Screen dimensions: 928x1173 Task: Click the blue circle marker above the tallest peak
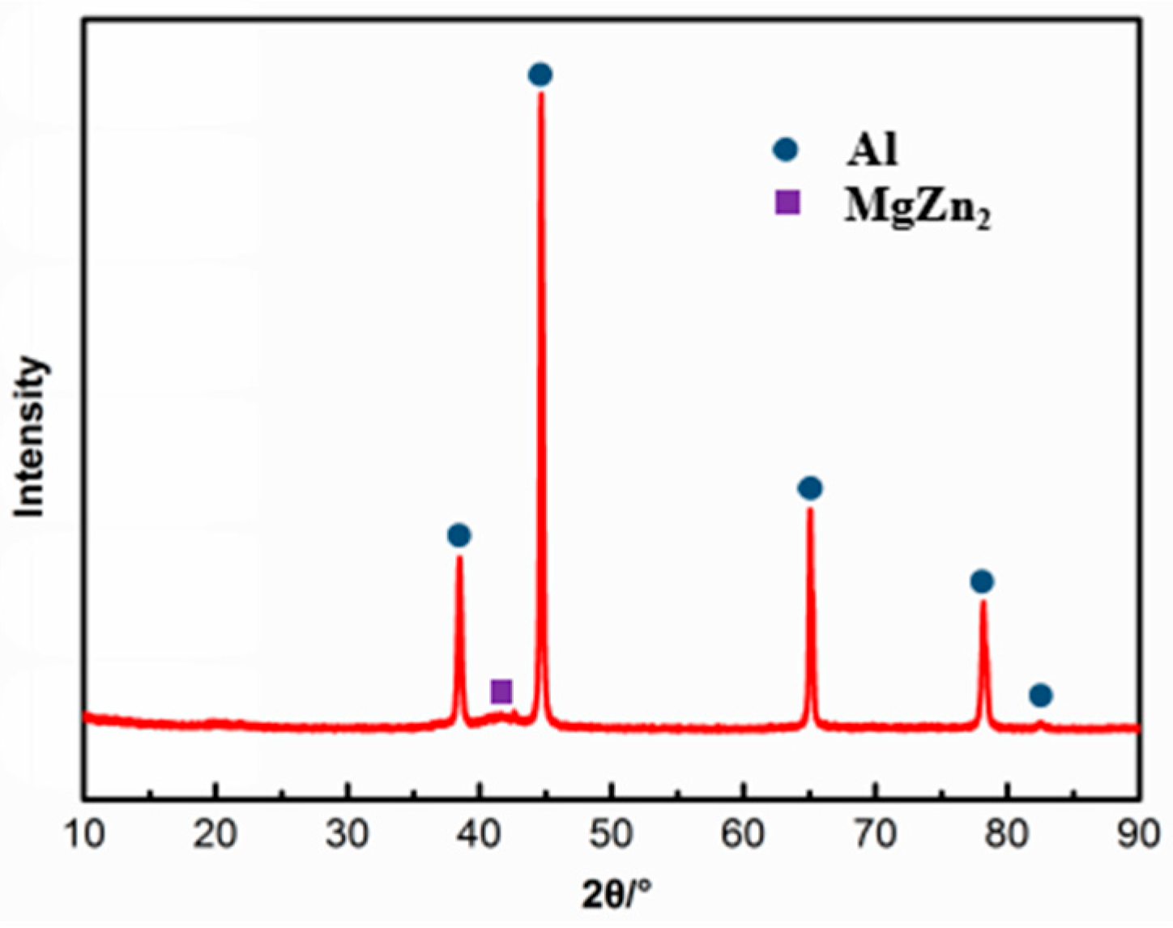point(540,75)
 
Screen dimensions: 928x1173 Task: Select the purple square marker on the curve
point(501,692)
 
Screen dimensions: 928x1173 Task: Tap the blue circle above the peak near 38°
point(459,535)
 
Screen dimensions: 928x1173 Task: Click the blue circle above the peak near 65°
point(810,488)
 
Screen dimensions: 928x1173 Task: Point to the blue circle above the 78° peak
point(982,581)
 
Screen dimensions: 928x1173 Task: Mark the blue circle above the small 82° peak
point(1041,695)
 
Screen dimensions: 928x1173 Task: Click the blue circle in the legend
point(786,150)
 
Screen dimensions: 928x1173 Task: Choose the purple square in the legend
point(787,202)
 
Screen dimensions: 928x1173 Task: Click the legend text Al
point(872,150)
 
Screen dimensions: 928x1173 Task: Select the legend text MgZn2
point(918,208)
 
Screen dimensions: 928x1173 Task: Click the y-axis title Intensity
point(31,437)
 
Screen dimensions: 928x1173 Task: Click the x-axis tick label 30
point(348,835)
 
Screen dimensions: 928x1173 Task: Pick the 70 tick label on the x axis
point(876,835)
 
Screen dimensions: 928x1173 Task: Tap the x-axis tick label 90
point(1139,835)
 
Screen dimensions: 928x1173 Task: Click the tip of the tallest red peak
point(541,94)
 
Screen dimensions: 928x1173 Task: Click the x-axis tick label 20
point(215,835)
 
